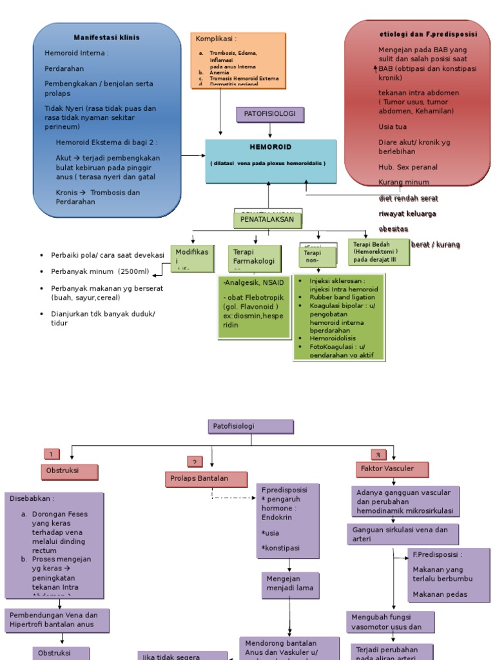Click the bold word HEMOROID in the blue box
click(271, 147)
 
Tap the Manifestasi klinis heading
click(106, 37)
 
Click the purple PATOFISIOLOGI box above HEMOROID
click(270, 114)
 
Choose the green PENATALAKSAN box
click(267, 220)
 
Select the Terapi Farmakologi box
click(254, 257)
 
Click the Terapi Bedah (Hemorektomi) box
click(380, 251)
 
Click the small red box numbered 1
click(52, 454)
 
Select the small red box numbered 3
click(379, 454)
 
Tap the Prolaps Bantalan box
click(206, 479)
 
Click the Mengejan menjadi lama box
click(289, 583)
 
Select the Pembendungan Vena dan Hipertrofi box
click(57, 619)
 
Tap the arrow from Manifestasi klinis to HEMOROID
click(193, 155)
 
